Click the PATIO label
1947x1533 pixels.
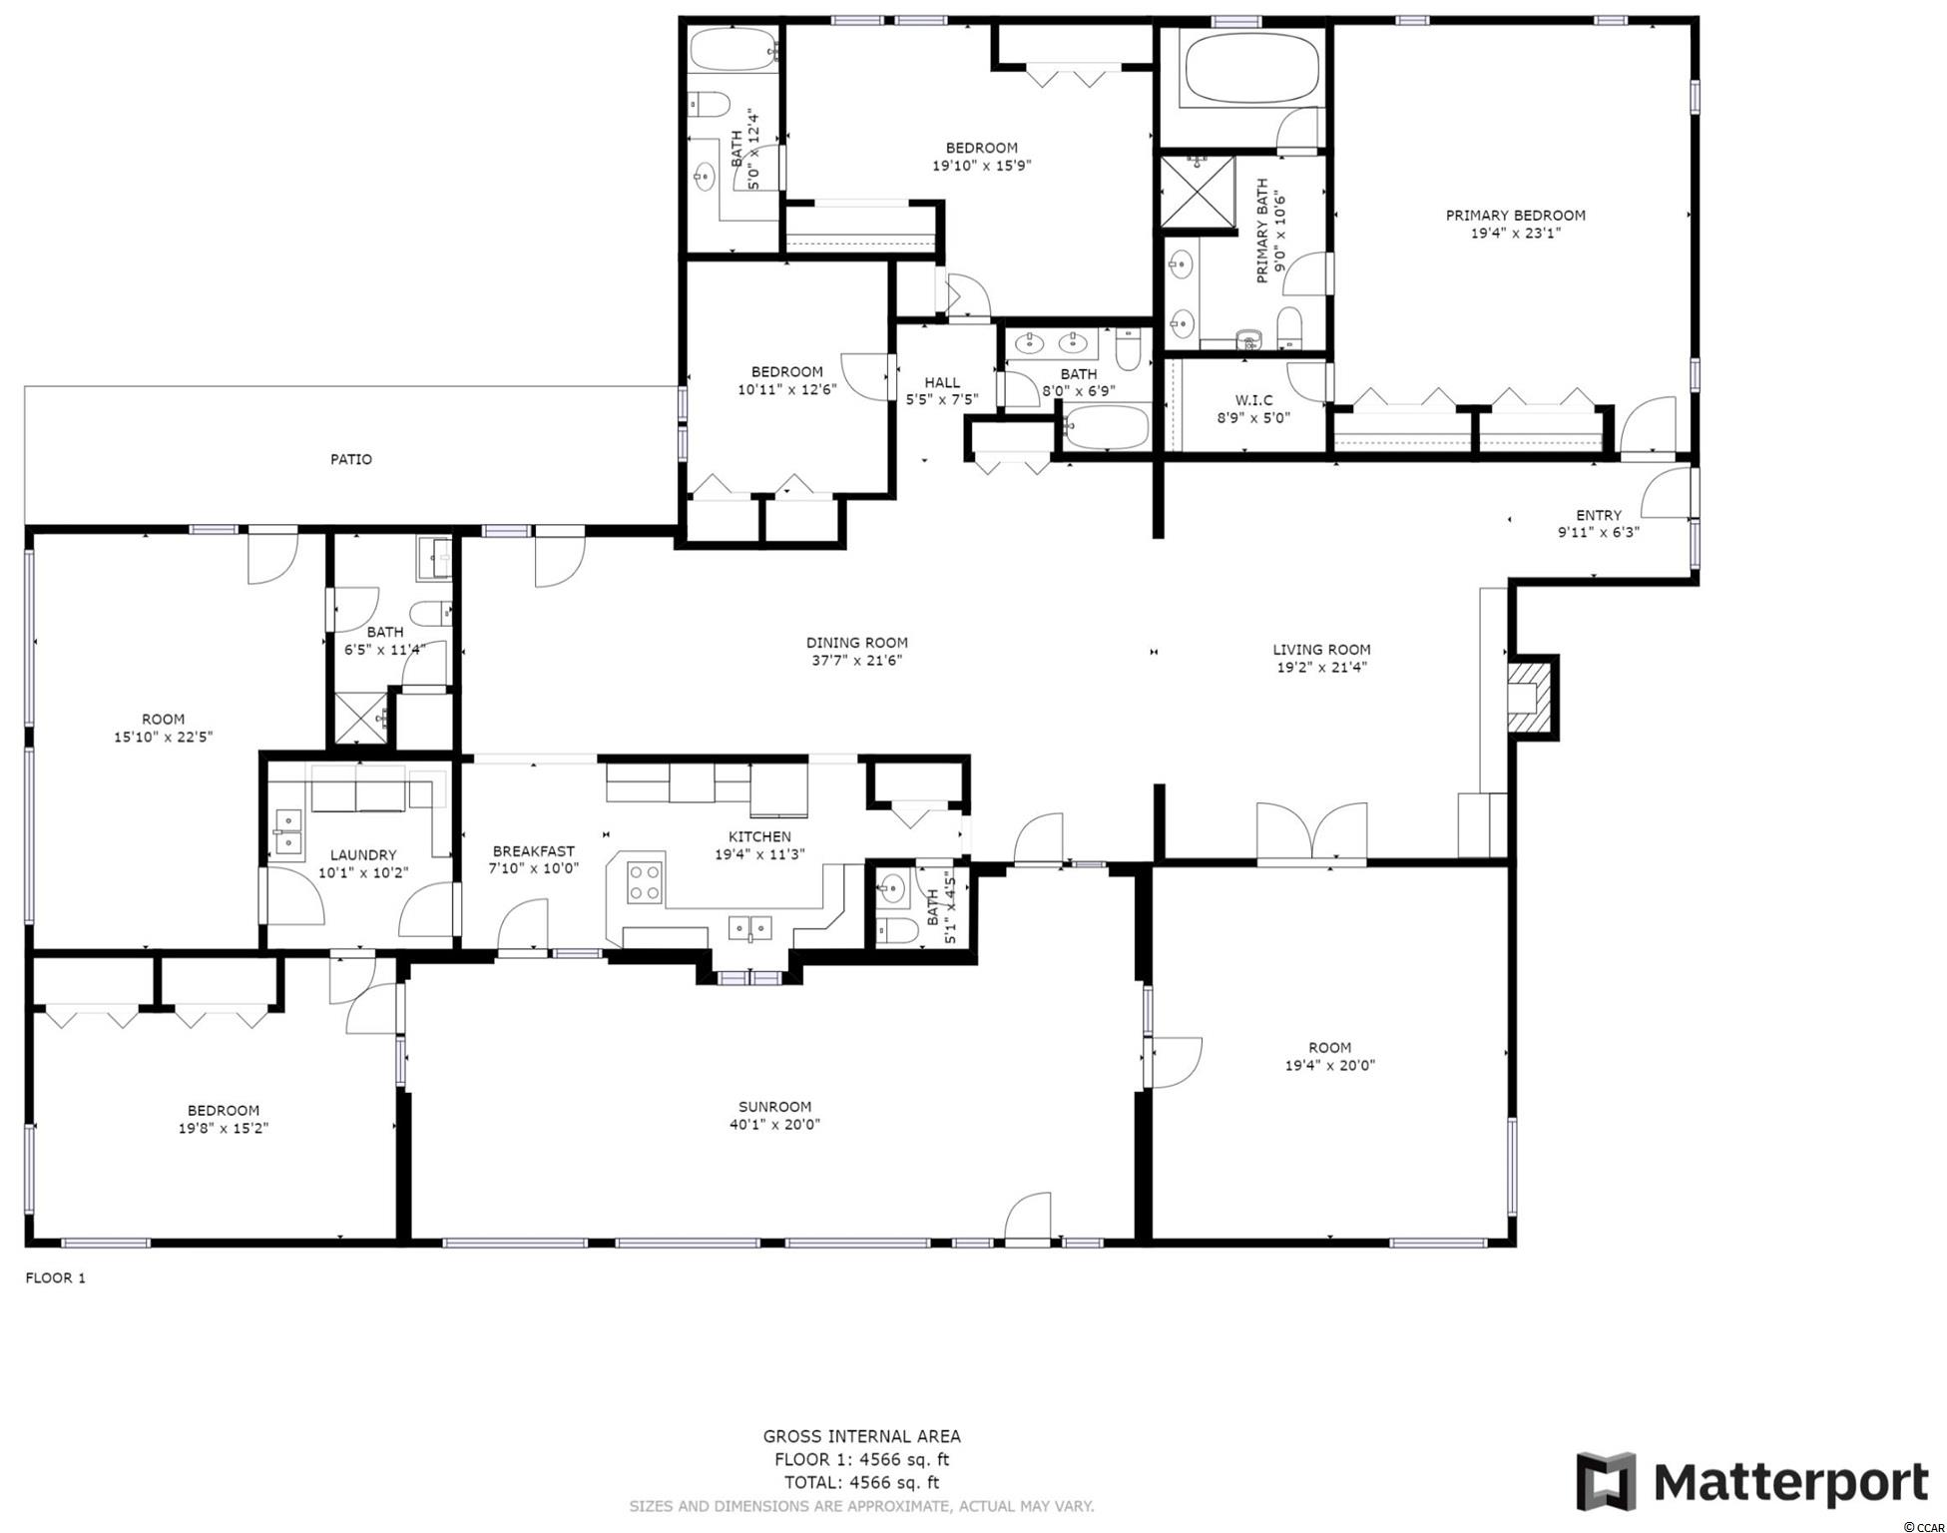pos(351,459)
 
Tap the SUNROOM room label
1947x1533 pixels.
pos(774,1106)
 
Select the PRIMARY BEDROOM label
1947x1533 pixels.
pos(1516,216)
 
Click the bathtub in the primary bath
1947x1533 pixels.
pos(1251,67)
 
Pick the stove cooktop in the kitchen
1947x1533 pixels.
pos(645,882)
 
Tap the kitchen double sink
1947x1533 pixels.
pos(750,928)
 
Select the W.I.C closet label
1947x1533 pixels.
pos(1252,400)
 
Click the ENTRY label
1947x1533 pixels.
pos(1599,515)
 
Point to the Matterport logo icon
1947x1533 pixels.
pos(1607,1482)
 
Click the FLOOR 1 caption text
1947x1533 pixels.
pos(56,1277)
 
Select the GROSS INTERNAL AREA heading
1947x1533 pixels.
pos(862,1436)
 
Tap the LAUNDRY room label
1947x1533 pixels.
pos(363,855)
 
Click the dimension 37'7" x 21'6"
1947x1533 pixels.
pos(856,661)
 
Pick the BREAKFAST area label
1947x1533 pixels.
pos(534,851)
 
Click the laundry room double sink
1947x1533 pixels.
pos(289,832)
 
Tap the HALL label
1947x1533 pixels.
pos(942,382)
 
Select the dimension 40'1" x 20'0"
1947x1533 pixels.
pos(774,1124)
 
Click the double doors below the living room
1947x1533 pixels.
pos(1311,831)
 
